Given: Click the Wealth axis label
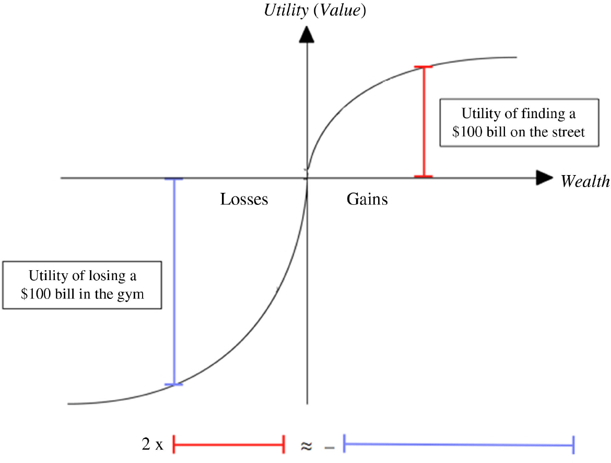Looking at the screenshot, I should pos(585,181).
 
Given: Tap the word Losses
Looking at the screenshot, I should pos(244,199).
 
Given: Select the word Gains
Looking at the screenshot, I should pos(367,199).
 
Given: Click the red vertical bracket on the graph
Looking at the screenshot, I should pos(424,122).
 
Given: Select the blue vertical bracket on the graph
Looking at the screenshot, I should pos(174,282).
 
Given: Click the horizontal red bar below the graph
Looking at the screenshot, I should pos(228,445).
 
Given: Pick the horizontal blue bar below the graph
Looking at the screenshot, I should pos(459,445).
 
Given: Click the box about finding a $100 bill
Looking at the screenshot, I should pos(519,122).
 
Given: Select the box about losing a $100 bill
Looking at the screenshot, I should pos(83,284).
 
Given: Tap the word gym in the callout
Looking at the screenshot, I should pos(132,293).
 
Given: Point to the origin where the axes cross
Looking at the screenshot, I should pos(307,178).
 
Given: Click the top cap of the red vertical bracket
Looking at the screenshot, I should pos(424,67).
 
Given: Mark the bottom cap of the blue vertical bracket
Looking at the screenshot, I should pos(174,385).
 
